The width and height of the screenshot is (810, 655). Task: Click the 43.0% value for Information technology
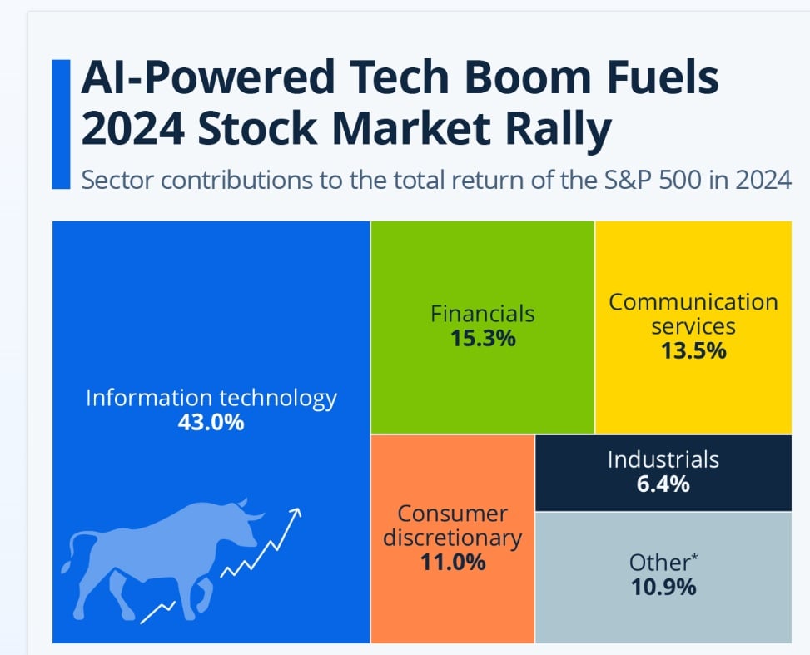click(x=211, y=423)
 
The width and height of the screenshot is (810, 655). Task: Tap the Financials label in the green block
click(x=483, y=314)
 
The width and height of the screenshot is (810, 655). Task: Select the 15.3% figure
click(x=483, y=339)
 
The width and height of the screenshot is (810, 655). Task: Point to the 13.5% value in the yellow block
click(x=693, y=351)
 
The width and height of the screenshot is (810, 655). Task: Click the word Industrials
click(x=663, y=459)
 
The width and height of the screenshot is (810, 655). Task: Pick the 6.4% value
click(x=663, y=484)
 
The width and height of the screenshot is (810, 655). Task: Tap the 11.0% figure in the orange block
click(x=453, y=562)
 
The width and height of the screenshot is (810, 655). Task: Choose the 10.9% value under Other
click(x=663, y=588)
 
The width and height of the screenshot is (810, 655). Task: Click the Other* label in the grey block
click(x=663, y=562)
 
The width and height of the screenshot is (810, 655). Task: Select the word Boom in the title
click(x=528, y=77)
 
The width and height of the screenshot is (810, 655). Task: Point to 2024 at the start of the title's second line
click(x=132, y=128)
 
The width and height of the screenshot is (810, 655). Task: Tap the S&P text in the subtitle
click(x=625, y=181)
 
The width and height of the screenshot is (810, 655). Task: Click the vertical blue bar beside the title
click(x=61, y=125)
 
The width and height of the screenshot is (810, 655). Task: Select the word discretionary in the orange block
click(x=453, y=538)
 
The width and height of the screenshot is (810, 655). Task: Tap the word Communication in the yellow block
click(x=693, y=302)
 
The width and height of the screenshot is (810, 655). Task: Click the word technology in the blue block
click(x=278, y=399)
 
